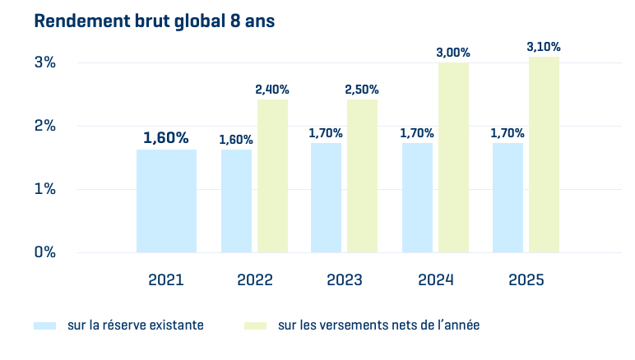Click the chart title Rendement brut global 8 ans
pos(154,22)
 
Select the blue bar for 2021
pos(166,201)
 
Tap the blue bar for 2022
pos(236,201)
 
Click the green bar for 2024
pos(453,157)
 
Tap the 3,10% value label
pos(544,47)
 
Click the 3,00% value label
pos(453,53)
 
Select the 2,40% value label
pos(272,90)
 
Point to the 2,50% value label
pos(362,90)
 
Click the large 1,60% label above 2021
pos(166,137)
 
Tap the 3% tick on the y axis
pos(44,62)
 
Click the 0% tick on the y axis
pos(44,252)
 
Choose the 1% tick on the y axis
pos(44,189)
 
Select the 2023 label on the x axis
pos(344,280)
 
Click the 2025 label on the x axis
pos(526,280)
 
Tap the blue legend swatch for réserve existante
pos(44,325)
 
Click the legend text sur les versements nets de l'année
pos(378,325)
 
